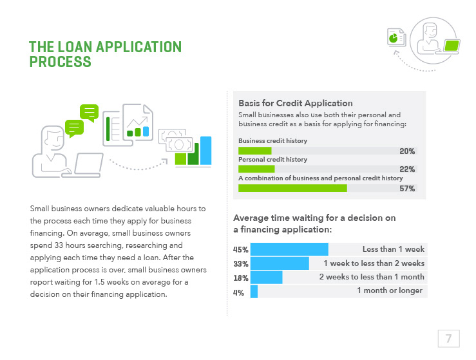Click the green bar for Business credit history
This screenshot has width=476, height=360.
click(255, 151)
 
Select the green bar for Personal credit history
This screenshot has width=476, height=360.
click(256, 169)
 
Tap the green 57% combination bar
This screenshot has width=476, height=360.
click(292, 188)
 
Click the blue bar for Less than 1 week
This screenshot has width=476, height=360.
click(289, 249)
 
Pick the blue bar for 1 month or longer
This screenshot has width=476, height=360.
click(254, 292)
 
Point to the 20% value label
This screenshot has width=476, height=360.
click(407, 151)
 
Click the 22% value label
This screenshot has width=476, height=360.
click(407, 169)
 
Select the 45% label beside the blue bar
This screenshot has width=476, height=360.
click(241, 250)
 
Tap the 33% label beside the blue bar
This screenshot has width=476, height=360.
click(241, 263)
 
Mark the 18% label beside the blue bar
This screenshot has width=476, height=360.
click(241, 278)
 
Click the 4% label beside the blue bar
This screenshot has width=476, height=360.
click(238, 292)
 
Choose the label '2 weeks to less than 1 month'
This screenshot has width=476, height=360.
click(372, 277)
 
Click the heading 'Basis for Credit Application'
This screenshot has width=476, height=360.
click(295, 103)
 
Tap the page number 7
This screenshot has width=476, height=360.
click(448, 338)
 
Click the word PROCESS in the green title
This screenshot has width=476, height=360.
click(60, 62)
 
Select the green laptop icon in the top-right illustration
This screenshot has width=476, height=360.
click(452, 46)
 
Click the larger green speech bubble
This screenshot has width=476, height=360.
click(88, 112)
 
